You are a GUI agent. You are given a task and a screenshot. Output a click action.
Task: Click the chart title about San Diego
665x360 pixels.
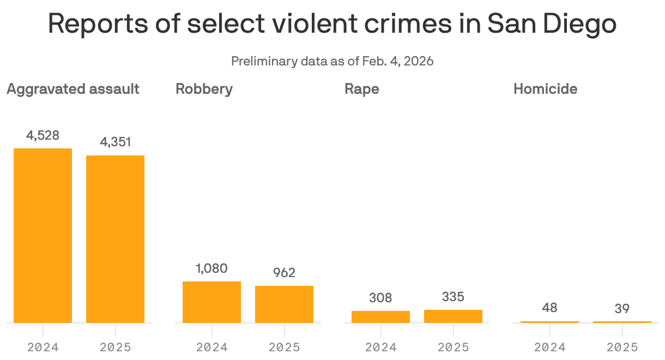[332, 24]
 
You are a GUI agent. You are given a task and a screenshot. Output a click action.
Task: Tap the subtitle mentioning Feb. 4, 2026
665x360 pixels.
[332, 61]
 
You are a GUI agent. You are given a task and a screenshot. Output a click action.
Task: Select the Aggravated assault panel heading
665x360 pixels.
[73, 89]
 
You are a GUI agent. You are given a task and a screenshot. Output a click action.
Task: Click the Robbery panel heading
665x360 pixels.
[204, 89]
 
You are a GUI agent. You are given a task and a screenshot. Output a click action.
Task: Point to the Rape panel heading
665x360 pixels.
[361, 89]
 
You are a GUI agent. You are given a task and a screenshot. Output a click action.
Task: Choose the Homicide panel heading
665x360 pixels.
[545, 89]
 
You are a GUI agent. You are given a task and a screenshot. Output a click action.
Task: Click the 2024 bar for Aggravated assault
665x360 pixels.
[43, 236]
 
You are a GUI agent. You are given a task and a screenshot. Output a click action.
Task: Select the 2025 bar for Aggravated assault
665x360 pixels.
[115, 239]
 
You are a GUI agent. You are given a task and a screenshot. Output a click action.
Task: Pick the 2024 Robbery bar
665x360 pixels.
[211, 302]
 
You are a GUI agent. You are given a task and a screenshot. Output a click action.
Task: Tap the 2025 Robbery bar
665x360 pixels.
[284, 304]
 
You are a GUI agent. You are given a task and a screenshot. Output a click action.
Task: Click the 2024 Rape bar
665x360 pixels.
[380, 316]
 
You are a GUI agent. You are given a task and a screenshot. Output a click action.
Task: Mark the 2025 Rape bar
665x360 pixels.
[453, 316]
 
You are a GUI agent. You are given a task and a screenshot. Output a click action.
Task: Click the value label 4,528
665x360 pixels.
[43, 135]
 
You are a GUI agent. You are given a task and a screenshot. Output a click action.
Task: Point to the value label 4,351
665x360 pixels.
[115, 142]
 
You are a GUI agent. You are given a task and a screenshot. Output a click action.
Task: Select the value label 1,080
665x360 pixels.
[211, 268]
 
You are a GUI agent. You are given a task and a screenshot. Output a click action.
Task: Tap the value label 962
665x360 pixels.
[284, 273]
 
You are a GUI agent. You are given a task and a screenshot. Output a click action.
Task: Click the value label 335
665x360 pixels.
[453, 297]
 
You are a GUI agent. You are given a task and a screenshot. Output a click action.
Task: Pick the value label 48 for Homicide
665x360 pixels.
[549, 308]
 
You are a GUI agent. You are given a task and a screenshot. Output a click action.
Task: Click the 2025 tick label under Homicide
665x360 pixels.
[622, 347]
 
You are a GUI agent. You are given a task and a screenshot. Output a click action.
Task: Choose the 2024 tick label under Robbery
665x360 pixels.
[211, 347]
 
